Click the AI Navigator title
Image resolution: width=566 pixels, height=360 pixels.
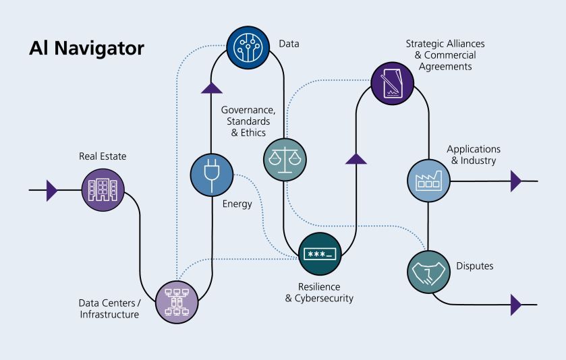click(86, 49)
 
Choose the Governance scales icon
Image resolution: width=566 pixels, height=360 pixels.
click(284, 160)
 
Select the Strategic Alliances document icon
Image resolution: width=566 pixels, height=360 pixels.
click(392, 84)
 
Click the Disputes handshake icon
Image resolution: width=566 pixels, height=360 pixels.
click(428, 271)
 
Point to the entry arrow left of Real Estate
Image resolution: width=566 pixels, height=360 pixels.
click(51, 191)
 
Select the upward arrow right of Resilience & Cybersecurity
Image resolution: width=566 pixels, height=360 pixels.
click(356, 158)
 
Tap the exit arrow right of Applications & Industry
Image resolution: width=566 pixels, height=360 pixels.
click(516, 181)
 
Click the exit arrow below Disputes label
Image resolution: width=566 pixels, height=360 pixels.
click(516, 305)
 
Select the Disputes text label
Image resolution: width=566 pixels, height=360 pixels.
click(474, 266)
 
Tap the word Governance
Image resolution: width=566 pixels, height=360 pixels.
click(246, 110)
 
